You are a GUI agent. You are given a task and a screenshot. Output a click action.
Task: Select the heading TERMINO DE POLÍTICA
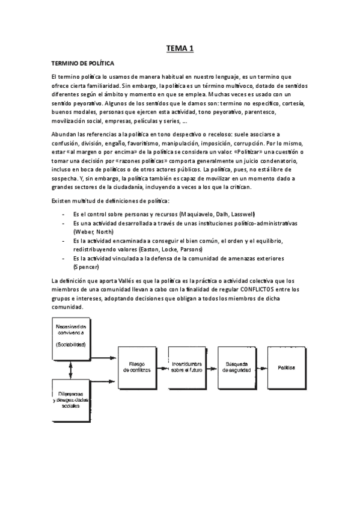point(82,63)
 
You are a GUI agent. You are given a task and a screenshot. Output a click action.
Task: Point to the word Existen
point(63,200)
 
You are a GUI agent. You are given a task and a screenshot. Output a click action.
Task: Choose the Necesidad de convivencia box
point(71,335)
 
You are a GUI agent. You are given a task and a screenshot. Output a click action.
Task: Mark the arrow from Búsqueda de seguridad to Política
point(261,367)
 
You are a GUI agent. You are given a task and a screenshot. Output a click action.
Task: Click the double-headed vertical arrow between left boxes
point(71,367)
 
